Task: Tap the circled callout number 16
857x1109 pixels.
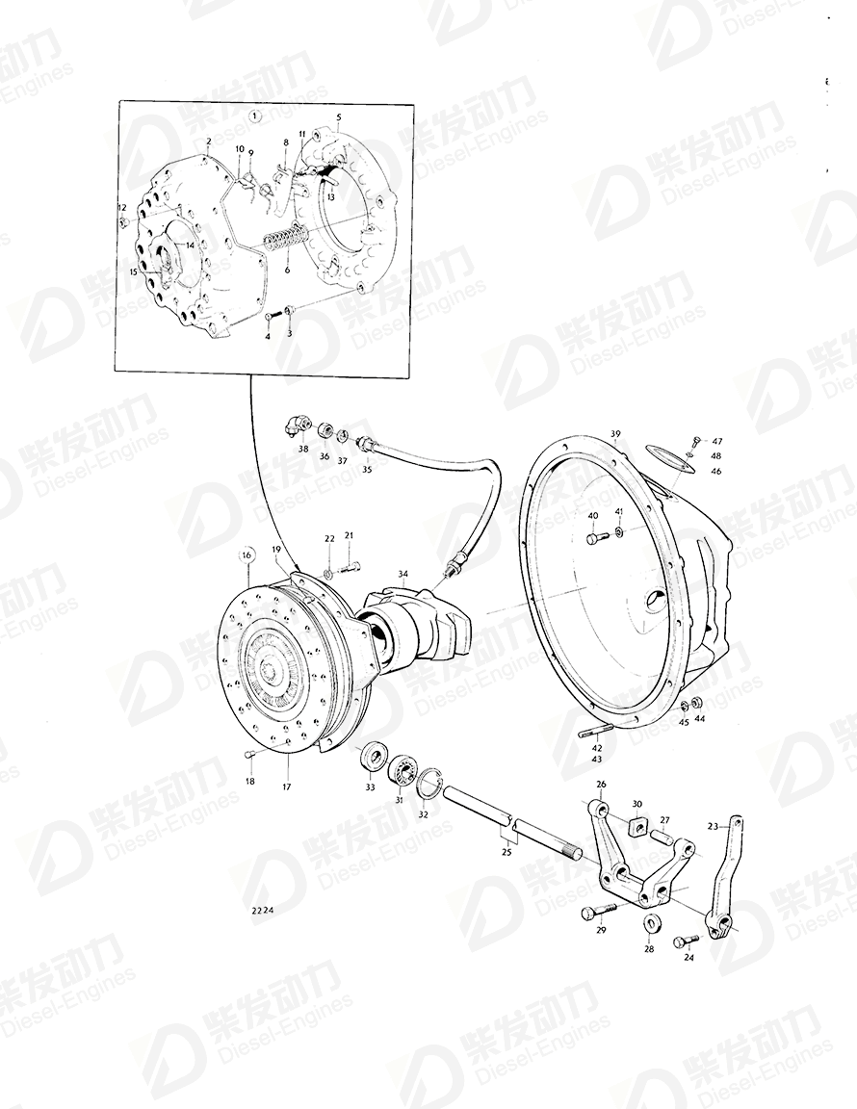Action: coord(247,555)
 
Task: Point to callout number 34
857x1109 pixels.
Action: coord(403,574)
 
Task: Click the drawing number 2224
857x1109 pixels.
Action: coord(263,910)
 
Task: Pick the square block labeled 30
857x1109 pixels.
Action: coord(636,826)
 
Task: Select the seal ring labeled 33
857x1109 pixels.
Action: coord(372,757)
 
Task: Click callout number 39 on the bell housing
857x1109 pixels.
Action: coord(615,435)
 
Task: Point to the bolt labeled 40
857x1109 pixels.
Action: coord(592,538)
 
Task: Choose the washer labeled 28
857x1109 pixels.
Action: coord(651,924)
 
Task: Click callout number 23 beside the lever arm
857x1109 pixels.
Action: coord(713,825)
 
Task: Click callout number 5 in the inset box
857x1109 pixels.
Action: coord(339,118)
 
